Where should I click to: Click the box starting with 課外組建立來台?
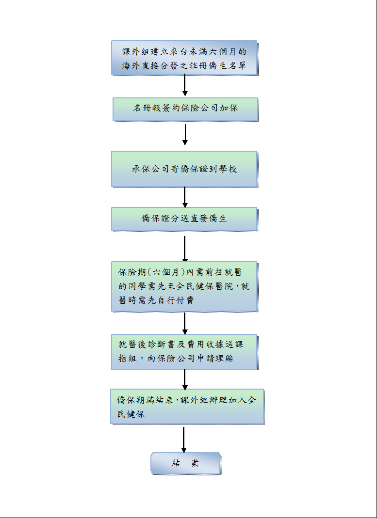coord(184,58)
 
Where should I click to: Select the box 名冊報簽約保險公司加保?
coord(185,110)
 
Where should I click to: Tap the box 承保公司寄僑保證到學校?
coord(184,169)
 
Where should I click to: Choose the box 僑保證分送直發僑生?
coord(184,219)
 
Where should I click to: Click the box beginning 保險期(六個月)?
coord(184,287)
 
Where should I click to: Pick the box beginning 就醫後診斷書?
coord(184,352)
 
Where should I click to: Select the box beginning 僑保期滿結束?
coord(187,407)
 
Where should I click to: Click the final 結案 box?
coord(186,464)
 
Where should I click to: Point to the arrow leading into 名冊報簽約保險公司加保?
coord(185,85)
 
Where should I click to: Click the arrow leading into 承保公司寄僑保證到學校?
coord(185,135)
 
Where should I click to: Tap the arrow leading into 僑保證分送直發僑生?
coord(185,197)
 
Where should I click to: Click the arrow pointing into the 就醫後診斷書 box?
coord(185,323)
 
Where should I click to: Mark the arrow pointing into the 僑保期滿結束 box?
coord(185,379)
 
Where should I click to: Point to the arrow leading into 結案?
coord(184,440)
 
